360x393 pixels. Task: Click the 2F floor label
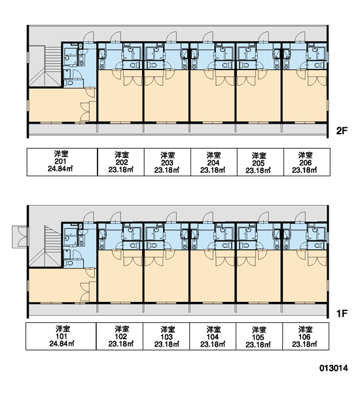pyautogui.click(x=342, y=130)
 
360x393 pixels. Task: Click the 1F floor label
pyautogui.click(x=342, y=313)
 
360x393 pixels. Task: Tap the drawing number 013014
pyautogui.click(x=333, y=368)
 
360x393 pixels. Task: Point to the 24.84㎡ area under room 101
pyautogui.click(x=61, y=343)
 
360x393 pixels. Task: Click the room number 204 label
pyautogui.click(x=213, y=163)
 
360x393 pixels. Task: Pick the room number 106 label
pyautogui.click(x=305, y=337)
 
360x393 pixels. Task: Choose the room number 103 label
pyautogui.click(x=167, y=337)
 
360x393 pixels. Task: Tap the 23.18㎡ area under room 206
pyautogui.click(x=304, y=170)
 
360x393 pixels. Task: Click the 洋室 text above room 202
pyautogui.click(x=122, y=155)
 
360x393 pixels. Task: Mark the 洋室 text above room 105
pyautogui.click(x=259, y=329)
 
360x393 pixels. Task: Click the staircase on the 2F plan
pyautogui.click(x=45, y=66)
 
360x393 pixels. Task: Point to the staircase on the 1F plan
pyautogui.click(x=45, y=246)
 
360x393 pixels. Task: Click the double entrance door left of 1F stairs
pyautogui.click(x=20, y=237)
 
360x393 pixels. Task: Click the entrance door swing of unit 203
pyautogui.click(x=171, y=37)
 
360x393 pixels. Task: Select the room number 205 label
pyautogui.click(x=259, y=163)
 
